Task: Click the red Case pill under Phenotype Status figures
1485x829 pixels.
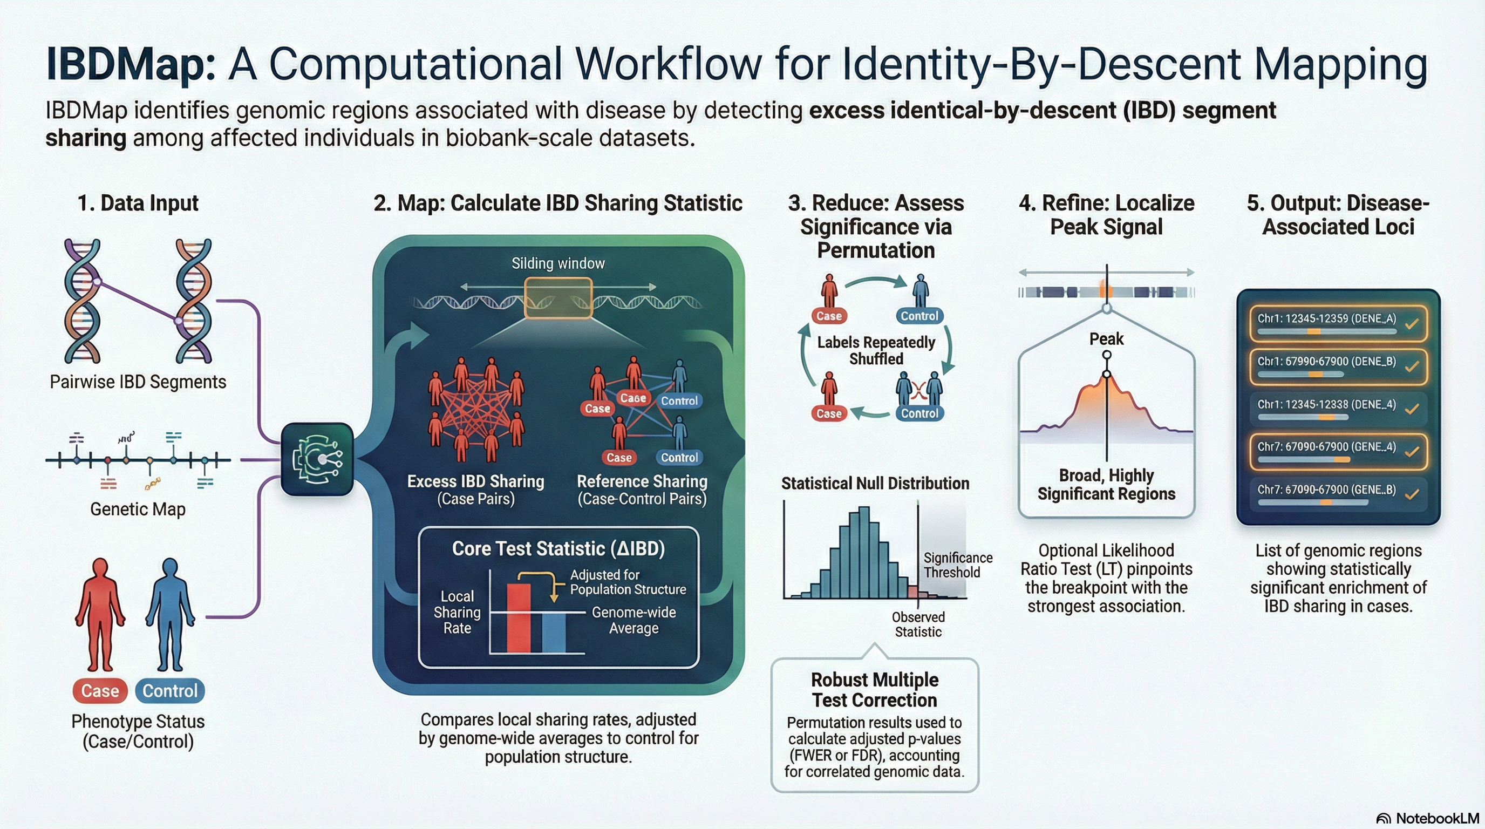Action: pyautogui.click(x=100, y=691)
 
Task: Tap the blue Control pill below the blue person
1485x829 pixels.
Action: pyautogui.click(x=169, y=691)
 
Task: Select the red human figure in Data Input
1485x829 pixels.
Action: pyautogui.click(x=100, y=614)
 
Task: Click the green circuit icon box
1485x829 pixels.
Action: pyautogui.click(x=317, y=459)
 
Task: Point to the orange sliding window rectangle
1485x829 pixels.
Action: pyautogui.click(x=558, y=298)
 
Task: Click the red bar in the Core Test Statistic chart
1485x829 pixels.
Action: pyautogui.click(x=518, y=618)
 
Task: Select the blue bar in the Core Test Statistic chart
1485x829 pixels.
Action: pyautogui.click(x=554, y=633)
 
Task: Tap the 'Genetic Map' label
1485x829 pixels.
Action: pyautogui.click(x=138, y=509)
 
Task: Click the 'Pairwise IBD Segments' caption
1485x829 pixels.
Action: pyautogui.click(x=138, y=382)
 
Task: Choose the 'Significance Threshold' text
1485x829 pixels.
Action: pyautogui.click(x=957, y=565)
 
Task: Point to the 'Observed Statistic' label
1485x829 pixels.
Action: pyautogui.click(x=918, y=624)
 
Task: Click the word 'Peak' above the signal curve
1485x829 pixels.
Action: pyautogui.click(x=1106, y=339)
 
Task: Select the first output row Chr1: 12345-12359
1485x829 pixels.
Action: pyautogui.click(x=1338, y=323)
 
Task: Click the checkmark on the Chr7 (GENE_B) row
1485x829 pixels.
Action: pyautogui.click(x=1412, y=494)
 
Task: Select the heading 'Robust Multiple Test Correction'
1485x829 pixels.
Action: pyautogui.click(x=875, y=690)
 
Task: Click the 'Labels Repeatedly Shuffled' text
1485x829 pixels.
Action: pyautogui.click(x=876, y=350)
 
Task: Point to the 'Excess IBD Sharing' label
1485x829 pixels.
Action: pyautogui.click(x=475, y=481)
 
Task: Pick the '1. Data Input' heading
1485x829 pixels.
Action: pyautogui.click(x=138, y=203)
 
